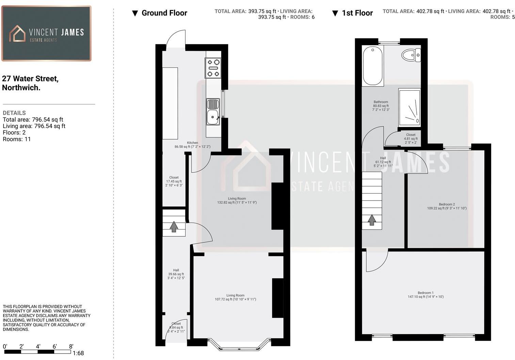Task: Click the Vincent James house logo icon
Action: click(x=17, y=33)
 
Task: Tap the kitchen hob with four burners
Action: click(x=213, y=68)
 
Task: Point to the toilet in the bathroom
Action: click(x=411, y=55)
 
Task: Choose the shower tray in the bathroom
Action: click(x=409, y=107)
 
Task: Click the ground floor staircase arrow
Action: click(x=174, y=226)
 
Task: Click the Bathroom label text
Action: click(x=381, y=102)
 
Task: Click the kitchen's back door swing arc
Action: click(x=176, y=38)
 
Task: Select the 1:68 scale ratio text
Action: click(x=78, y=353)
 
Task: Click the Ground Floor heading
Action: click(x=164, y=13)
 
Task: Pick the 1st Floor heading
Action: click(x=357, y=13)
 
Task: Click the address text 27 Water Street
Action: click(x=30, y=79)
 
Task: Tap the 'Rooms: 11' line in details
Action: click(x=17, y=139)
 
